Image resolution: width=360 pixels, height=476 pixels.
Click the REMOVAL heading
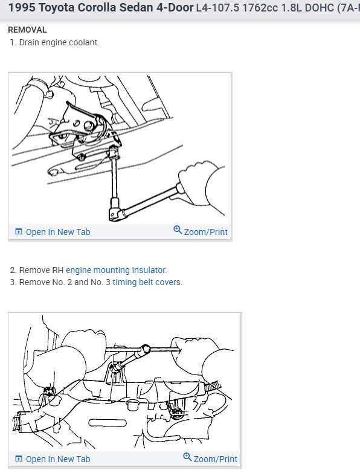pos(27,30)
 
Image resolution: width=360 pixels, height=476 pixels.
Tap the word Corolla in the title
pos(97,8)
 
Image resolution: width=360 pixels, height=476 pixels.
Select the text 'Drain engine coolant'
pos(59,42)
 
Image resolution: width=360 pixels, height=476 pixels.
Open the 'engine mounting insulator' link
pos(115,270)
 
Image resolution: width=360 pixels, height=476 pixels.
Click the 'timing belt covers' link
pos(146,282)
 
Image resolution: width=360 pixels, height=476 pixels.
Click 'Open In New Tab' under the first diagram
pos(58,232)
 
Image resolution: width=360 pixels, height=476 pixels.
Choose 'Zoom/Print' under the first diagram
pos(206,232)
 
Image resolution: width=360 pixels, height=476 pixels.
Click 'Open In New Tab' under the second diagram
pos(58,459)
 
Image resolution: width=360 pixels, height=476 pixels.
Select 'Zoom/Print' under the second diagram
pos(216,459)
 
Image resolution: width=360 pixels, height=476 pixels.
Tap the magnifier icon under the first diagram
pos(178,230)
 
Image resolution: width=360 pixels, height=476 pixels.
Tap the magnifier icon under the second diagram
pos(187,457)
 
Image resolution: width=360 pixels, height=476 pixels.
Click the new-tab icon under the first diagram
pos(19,231)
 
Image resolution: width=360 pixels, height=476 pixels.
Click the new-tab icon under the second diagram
pos(19,458)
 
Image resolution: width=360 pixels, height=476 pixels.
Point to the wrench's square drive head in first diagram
pos(115,212)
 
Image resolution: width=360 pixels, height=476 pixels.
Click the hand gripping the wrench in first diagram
pos(201,185)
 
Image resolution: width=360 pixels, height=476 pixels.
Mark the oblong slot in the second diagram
pos(108,423)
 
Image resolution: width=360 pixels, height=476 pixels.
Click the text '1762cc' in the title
pos(260,8)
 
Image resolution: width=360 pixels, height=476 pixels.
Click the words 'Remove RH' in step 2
pos(41,270)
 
